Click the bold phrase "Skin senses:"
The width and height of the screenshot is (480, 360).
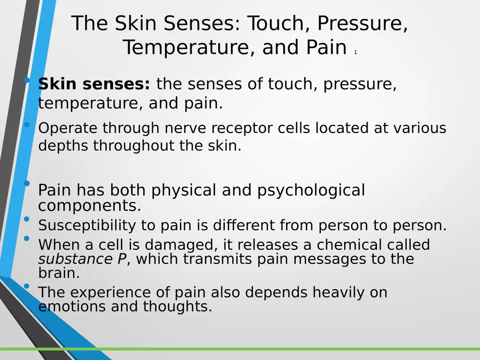(x=93, y=85)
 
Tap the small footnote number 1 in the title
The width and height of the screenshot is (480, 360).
(x=355, y=52)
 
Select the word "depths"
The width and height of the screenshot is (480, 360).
(x=63, y=146)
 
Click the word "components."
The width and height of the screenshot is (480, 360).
(x=89, y=206)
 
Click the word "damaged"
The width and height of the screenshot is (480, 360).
(x=181, y=244)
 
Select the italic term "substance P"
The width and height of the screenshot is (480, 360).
(x=82, y=259)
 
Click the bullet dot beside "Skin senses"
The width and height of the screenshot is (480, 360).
(x=27, y=81)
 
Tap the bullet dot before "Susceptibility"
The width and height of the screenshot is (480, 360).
(x=27, y=220)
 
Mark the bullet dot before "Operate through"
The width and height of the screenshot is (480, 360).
(x=27, y=125)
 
